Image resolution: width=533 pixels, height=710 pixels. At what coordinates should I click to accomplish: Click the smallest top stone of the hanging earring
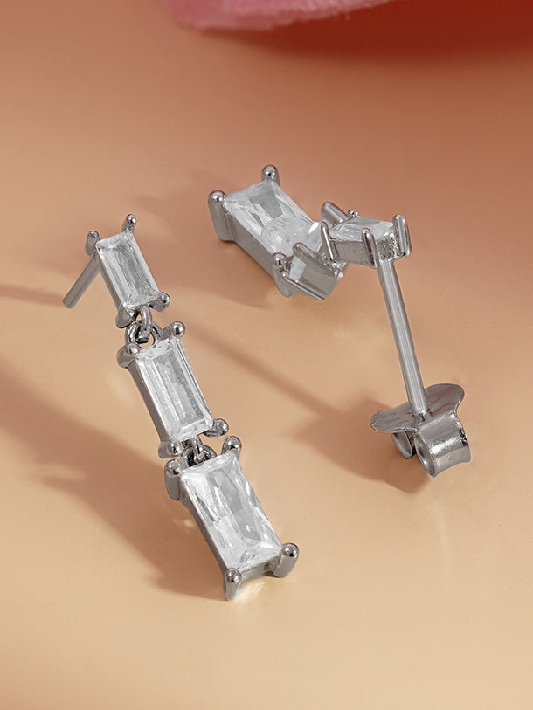point(127,268)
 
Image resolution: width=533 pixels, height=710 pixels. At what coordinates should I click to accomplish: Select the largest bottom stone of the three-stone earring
point(230,510)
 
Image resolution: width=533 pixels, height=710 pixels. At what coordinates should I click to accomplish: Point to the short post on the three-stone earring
point(80,285)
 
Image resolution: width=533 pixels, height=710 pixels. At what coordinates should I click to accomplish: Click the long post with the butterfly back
point(403,336)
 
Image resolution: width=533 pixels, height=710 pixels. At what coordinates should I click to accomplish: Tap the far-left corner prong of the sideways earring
point(216,202)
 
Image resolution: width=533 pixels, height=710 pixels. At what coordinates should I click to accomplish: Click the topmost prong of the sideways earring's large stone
point(270,173)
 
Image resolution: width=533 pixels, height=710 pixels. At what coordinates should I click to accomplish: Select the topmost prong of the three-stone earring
point(129,222)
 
